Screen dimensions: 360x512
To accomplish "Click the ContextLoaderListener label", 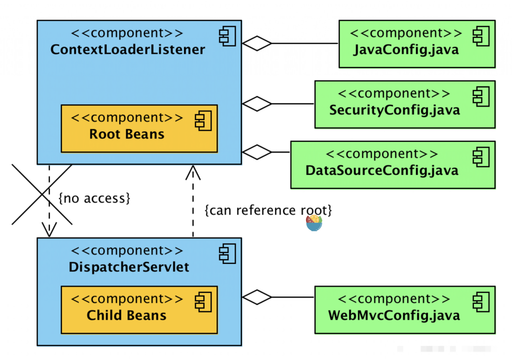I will tap(127, 50).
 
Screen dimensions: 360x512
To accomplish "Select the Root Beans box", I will tap(139, 128).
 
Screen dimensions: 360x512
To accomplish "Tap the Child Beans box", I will tap(139, 309).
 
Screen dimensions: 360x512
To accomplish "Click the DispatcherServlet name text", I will tap(129, 267).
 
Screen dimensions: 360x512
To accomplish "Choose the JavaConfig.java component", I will tap(416, 44).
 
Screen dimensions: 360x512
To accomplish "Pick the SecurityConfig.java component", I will tap(404, 104).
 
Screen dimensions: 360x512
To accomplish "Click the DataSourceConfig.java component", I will tap(392, 164).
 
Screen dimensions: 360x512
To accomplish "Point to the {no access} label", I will tap(94, 198).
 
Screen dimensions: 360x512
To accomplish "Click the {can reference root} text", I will tap(268, 210).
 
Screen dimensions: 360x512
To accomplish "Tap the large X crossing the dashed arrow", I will tap(41, 195).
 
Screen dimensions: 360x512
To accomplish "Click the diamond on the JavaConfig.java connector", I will tap(257, 43).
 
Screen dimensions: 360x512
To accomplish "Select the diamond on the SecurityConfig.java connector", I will tap(257, 104).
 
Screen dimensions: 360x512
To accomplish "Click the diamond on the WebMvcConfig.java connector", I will tap(257, 297).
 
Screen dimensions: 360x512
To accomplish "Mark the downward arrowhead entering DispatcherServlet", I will tap(49, 230).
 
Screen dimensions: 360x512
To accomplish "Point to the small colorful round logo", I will tap(314, 223).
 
